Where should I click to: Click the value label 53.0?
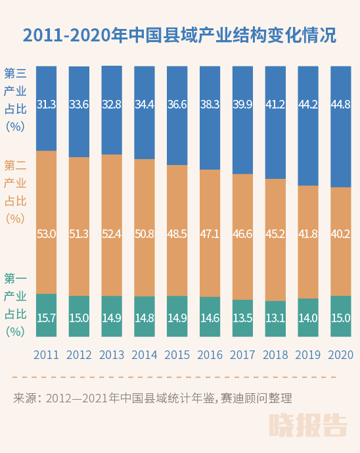click(x=46, y=233)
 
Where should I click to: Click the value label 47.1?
click(x=210, y=233)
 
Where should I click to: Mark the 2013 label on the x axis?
click(x=112, y=355)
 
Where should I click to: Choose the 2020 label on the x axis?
click(x=341, y=355)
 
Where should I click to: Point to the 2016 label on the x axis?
click(x=210, y=355)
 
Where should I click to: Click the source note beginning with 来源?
click(x=152, y=398)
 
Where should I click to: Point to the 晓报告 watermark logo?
click(x=308, y=425)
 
